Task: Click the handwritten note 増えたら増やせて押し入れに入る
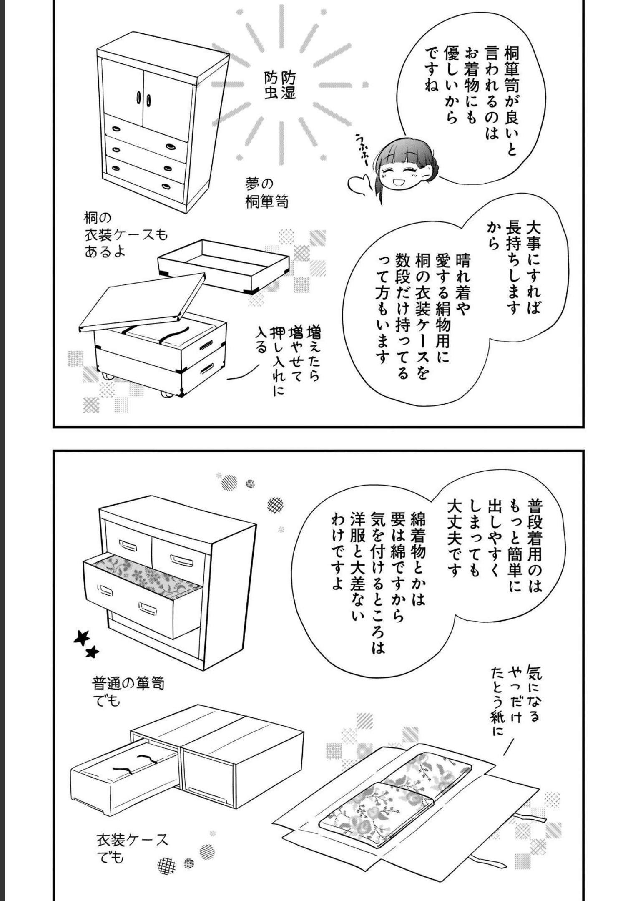(x=288, y=359)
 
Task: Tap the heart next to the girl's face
(x=359, y=183)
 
